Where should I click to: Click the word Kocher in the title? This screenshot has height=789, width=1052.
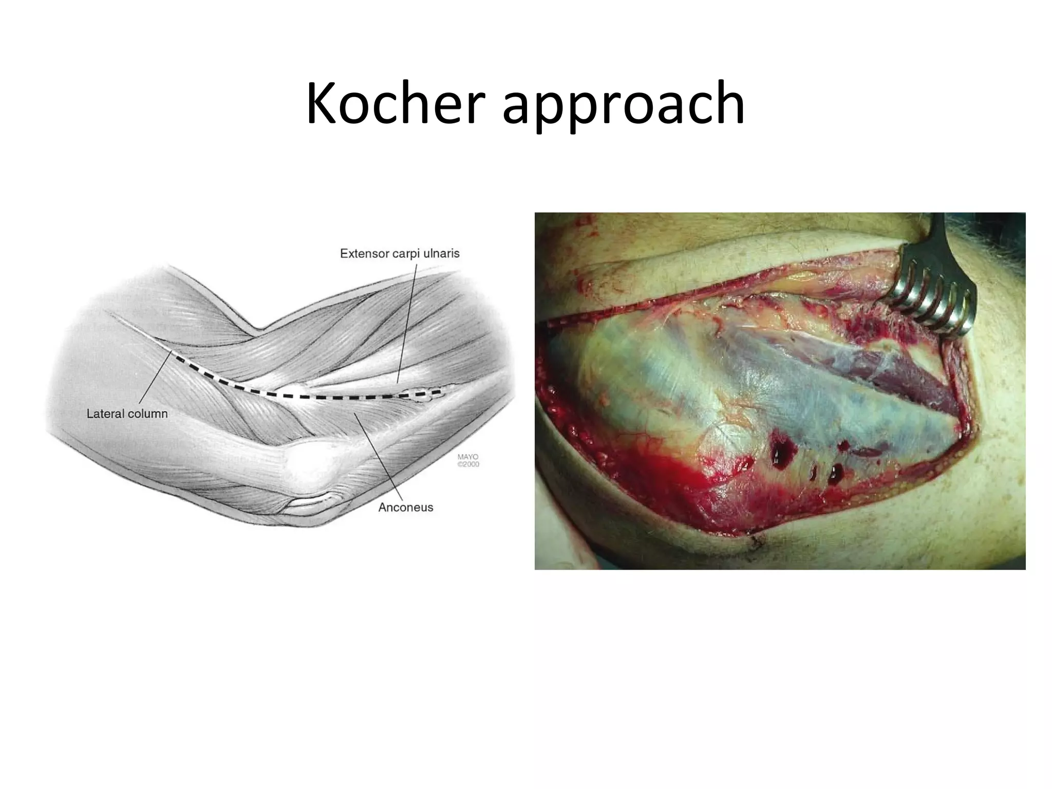[x=396, y=104]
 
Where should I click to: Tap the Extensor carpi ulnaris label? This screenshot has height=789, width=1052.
[x=400, y=253]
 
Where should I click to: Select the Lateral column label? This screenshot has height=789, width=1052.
[x=127, y=414]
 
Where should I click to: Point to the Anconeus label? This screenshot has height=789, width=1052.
[x=406, y=508]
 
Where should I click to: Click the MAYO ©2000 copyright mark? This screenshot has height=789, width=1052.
[x=467, y=460]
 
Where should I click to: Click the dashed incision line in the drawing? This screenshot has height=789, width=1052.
[x=308, y=396]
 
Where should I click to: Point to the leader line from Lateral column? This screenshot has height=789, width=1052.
[x=154, y=380]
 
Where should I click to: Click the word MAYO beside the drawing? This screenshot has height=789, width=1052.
[x=467, y=457]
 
